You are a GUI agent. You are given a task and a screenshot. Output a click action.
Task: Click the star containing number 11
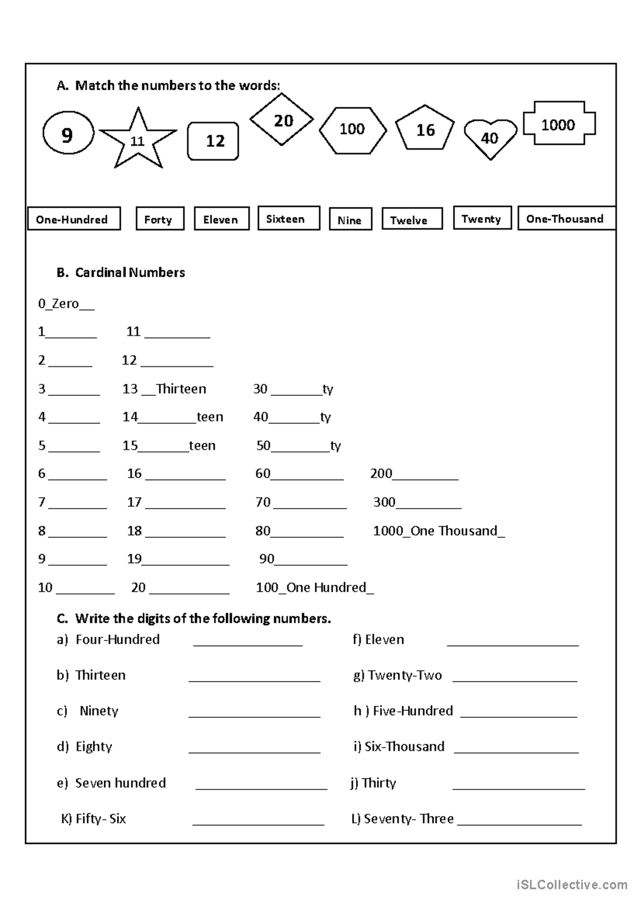[x=138, y=140]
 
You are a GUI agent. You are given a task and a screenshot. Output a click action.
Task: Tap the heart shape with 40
[x=490, y=138]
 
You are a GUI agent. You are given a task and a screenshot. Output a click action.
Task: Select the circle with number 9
[x=68, y=134]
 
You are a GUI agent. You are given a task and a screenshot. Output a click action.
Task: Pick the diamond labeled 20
[x=282, y=120]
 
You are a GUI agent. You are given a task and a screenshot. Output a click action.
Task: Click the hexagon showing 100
[x=353, y=130]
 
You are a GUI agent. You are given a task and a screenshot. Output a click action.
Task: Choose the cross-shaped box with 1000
[x=559, y=124]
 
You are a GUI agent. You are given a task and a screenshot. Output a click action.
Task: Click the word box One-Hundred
[x=73, y=219]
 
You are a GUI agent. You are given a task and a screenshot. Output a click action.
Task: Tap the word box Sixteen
[x=288, y=218]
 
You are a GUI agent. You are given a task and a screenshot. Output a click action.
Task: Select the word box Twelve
[x=412, y=220]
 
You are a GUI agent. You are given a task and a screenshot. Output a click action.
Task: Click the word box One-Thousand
[x=566, y=218]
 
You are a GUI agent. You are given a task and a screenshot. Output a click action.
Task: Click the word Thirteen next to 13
[x=181, y=389]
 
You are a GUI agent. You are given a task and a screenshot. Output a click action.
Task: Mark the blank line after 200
[x=426, y=478]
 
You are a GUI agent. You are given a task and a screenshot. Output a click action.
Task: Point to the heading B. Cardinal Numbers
[x=121, y=272]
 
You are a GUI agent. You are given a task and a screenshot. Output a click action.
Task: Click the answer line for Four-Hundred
[x=248, y=644]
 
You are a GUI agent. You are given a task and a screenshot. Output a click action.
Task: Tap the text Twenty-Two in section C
[x=405, y=675]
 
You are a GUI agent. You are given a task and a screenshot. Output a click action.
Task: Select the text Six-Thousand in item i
[x=404, y=747]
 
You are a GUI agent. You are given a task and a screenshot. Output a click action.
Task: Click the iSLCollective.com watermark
[x=572, y=885]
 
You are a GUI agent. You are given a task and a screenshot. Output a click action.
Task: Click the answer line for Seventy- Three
[x=519, y=823]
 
